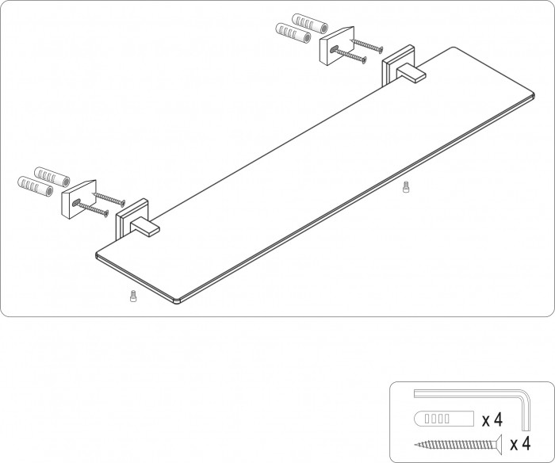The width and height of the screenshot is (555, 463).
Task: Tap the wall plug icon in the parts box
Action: [444, 419]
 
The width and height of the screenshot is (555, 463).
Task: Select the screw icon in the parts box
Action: [458, 444]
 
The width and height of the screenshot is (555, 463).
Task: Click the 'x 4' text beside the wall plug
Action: [492, 420]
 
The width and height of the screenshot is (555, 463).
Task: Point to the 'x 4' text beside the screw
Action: [520, 443]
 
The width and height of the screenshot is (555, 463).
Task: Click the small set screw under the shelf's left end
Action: [133, 297]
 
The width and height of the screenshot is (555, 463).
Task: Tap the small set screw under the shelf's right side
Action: [406, 187]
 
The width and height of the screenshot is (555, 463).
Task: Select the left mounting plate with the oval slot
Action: [79, 199]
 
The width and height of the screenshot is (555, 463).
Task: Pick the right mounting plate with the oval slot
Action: [337, 46]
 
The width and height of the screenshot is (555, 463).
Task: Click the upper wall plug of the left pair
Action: [52, 178]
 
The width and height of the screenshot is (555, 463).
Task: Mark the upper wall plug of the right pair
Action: [310, 24]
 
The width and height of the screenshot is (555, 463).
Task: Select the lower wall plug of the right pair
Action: [293, 33]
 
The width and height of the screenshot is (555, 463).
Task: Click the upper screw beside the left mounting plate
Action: [109, 199]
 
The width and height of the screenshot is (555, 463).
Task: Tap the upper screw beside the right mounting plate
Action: [366, 46]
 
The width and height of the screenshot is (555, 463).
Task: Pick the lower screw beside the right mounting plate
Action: [349, 55]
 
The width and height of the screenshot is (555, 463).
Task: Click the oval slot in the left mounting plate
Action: [76, 202]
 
